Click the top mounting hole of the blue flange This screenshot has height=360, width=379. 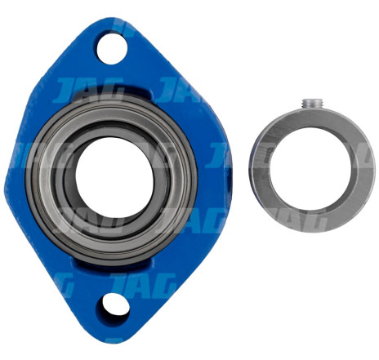point(112,48)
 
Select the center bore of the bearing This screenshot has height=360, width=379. point(114,176)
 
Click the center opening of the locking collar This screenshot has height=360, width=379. point(310,168)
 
